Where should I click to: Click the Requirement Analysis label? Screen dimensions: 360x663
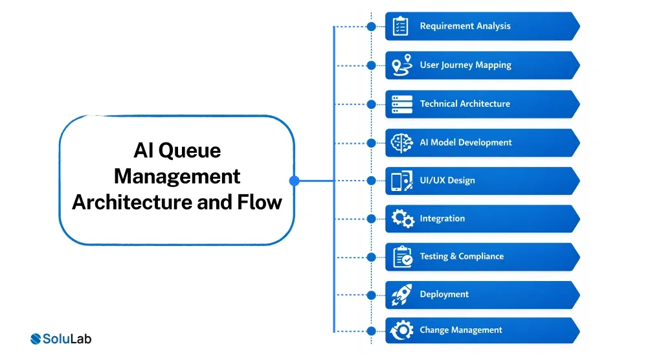(x=465, y=27)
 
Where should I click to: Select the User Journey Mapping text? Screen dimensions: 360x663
(x=465, y=65)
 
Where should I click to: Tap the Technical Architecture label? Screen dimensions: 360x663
(x=464, y=104)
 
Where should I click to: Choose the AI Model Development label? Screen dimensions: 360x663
(x=466, y=142)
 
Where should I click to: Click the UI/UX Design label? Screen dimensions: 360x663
(x=447, y=181)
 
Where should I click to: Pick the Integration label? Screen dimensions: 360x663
(x=442, y=219)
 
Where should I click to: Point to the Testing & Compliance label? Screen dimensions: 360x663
(x=461, y=256)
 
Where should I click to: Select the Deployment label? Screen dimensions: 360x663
(x=444, y=295)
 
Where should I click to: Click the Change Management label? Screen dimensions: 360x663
(x=460, y=330)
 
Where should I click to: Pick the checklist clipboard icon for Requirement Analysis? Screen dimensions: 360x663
(x=401, y=27)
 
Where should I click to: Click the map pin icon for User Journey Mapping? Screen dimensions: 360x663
(x=402, y=65)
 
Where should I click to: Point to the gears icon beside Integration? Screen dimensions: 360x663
(x=402, y=219)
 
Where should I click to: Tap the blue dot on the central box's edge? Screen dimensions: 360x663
(x=294, y=181)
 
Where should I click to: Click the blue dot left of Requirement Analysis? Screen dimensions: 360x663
(x=371, y=27)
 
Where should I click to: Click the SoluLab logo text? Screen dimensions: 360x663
(x=67, y=339)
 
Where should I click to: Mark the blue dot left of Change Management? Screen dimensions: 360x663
(x=371, y=330)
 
